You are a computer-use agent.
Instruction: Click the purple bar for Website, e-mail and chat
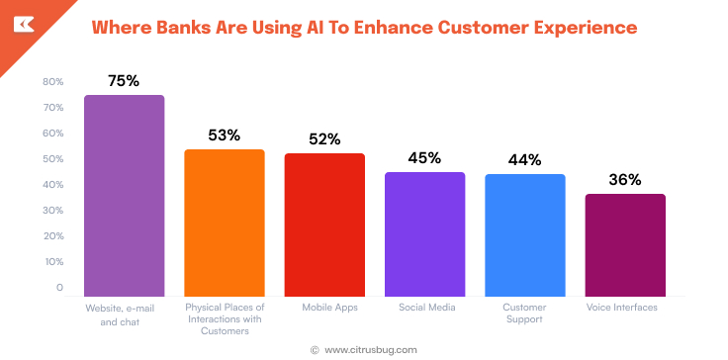[124, 195]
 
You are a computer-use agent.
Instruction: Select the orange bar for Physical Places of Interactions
[225, 223]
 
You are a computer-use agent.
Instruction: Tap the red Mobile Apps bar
[324, 225]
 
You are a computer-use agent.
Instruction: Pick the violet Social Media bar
[424, 233]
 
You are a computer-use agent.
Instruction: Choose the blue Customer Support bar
[524, 234]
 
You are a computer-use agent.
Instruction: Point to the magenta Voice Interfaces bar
[625, 244]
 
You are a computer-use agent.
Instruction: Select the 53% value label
[225, 135]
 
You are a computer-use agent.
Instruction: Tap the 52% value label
[324, 139]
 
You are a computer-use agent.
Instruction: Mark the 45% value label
[424, 158]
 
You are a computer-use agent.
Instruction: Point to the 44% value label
[524, 160]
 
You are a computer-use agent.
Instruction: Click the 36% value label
[625, 180]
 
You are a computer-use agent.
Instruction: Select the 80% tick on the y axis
[53, 82]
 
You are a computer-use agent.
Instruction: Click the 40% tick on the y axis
[53, 185]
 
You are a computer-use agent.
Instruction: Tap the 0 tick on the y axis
[59, 288]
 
